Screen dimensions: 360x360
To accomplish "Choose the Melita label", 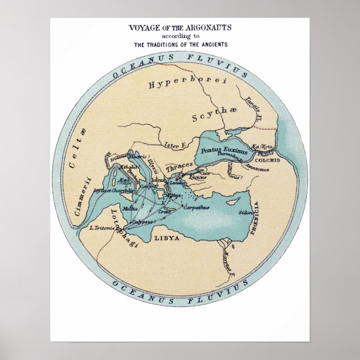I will pos(129,208).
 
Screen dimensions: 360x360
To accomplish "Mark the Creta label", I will pos(165,211).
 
